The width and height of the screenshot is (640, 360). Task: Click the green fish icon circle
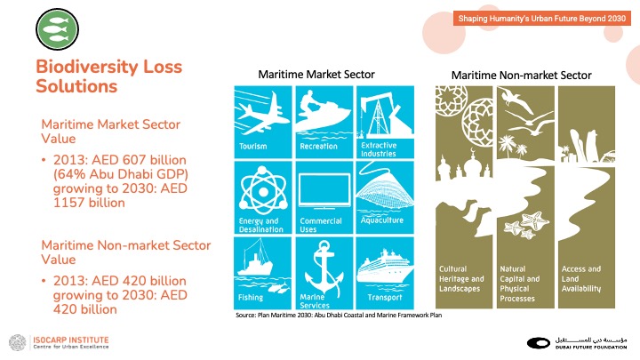click(x=57, y=29)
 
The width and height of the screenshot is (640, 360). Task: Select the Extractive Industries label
click(x=379, y=149)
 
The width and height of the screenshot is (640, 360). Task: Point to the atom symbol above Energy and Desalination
click(x=263, y=190)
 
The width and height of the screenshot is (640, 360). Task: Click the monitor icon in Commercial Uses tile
click(x=324, y=191)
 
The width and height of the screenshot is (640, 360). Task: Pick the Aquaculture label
click(x=382, y=220)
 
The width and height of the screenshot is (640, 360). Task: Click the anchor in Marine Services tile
click(x=324, y=268)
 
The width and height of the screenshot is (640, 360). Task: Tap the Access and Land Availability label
click(x=581, y=279)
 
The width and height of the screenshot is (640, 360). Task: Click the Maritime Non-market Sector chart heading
click(x=521, y=76)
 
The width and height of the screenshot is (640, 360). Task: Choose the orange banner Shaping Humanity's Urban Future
click(x=541, y=19)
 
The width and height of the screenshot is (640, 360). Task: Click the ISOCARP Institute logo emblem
click(x=18, y=343)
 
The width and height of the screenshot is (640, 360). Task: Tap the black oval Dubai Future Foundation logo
click(x=539, y=343)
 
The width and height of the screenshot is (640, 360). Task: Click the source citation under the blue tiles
click(x=339, y=315)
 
